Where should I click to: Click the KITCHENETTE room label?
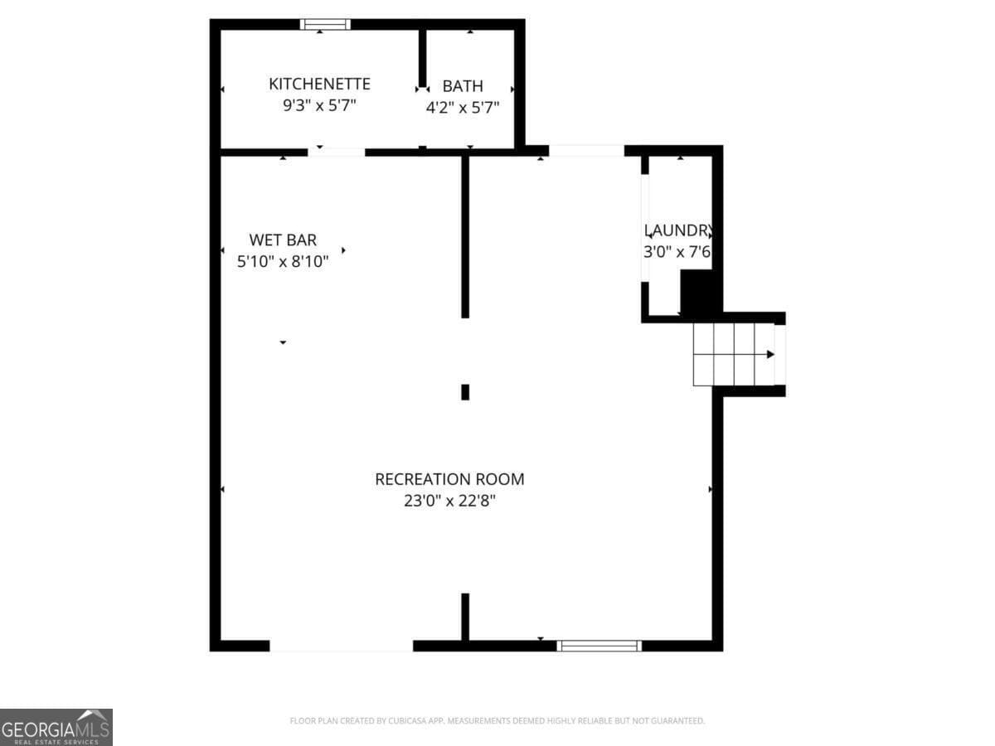[x=319, y=84]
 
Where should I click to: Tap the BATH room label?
[x=463, y=86]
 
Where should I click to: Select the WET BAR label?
[x=283, y=240]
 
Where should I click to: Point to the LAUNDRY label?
[x=677, y=230]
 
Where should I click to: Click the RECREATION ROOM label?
[x=449, y=479]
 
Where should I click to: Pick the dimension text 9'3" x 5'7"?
[x=319, y=106]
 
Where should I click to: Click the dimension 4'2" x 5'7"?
[x=463, y=108]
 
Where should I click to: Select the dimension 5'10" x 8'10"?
[x=283, y=262]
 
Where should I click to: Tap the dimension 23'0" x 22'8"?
[x=449, y=501]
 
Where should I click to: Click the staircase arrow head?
[x=770, y=355]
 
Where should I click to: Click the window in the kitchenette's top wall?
[x=325, y=24]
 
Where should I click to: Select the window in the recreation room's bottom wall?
[x=599, y=645]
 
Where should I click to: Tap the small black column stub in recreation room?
[x=465, y=392]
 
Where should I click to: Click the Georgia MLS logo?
[x=56, y=727]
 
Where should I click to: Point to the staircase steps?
[x=733, y=355]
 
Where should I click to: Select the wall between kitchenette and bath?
[x=422, y=58]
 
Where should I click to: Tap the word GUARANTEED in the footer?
[x=677, y=721]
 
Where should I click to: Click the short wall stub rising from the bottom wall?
[x=465, y=617]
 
